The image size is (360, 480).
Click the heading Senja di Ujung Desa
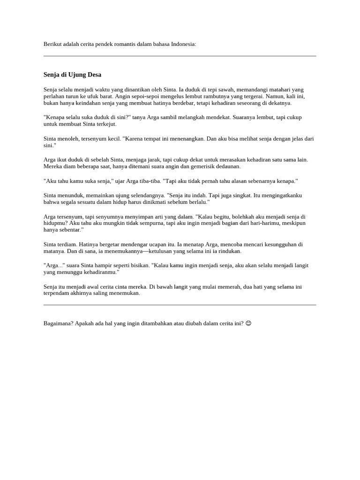[72, 75]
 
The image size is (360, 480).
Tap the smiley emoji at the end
[248, 323]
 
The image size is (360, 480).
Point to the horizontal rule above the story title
[180, 56]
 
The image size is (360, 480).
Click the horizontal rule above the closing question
[180, 305]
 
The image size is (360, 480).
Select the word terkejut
[106, 124]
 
